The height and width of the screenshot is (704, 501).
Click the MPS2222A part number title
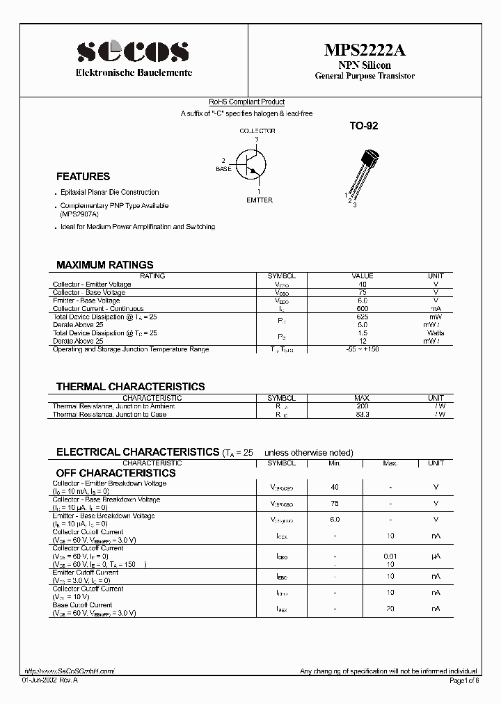(x=364, y=50)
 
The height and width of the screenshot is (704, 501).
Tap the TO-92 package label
(x=363, y=127)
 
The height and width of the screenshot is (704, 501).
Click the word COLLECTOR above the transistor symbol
(x=257, y=131)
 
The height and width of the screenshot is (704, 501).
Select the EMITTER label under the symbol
(x=260, y=200)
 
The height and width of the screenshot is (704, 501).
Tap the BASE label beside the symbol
(x=223, y=169)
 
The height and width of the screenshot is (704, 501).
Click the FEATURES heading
(x=83, y=177)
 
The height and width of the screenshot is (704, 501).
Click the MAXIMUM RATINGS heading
(x=104, y=265)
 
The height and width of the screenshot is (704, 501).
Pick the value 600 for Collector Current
(x=363, y=308)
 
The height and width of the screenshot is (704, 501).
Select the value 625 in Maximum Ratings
(x=363, y=317)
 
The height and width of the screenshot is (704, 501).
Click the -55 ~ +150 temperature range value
(x=363, y=349)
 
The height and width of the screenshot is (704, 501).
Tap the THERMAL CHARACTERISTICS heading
(x=130, y=387)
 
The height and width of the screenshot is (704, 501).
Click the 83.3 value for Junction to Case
(x=363, y=415)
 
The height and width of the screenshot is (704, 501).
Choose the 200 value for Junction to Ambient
(x=363, y=406)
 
